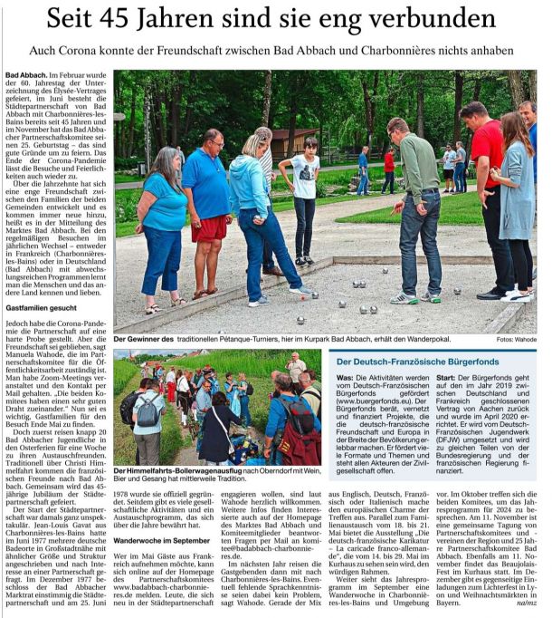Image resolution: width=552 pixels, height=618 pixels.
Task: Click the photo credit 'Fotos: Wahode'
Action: point(516,340)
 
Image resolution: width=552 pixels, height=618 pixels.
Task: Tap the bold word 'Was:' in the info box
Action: point(344,378)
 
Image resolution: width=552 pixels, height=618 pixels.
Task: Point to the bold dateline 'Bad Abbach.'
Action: point(26,73)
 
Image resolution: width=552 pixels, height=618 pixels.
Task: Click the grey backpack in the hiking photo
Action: point(148,410)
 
